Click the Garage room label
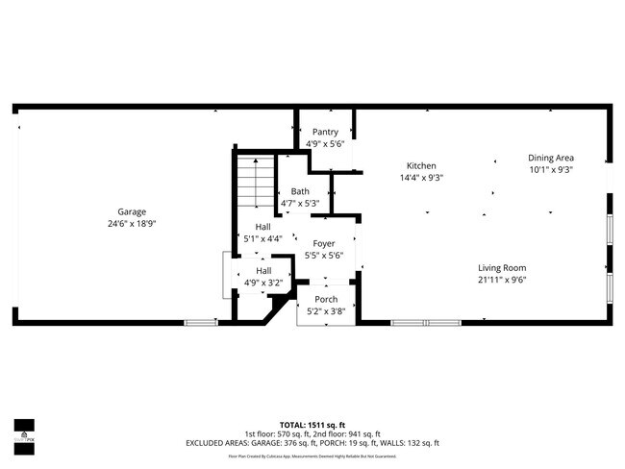[x=132, y=211]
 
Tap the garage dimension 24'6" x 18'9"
[x=132, y=223]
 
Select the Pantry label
[x=325, y=132]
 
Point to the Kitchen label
[x=421, y=165]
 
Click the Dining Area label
[x=551, y=158]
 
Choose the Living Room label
[x=503, y=267]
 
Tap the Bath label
[x=300, y=191]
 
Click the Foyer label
[x=324, y=244]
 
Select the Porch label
[x=325, y=299]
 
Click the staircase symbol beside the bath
[x=256, y=182]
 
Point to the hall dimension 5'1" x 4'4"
[x=262, y=238]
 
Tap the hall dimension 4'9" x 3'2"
[x=262, y=283]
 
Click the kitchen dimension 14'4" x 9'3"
[x=421, y=177]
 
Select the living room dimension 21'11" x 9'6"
[x=503, y=280]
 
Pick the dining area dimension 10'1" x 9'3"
[x=551, y=169]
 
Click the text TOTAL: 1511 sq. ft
[x=312, y=424]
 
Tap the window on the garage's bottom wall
[x=201, y=322]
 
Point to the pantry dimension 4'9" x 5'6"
[x=325, y=143]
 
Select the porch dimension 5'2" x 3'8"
[x=325, y=310]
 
